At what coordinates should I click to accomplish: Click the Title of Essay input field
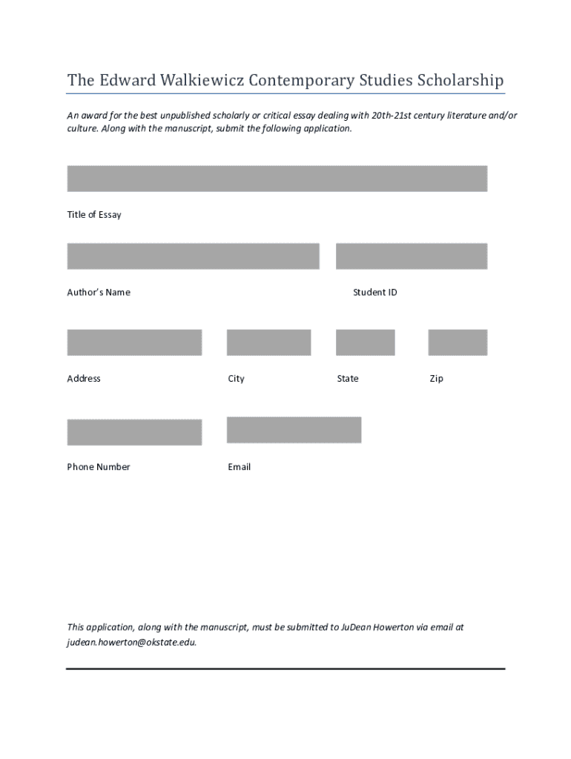[x=277, y=179]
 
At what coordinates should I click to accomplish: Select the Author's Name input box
[x=193, y=256]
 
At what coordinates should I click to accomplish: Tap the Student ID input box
[x=411, y=256]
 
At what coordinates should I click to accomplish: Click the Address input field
[x=134, y=342]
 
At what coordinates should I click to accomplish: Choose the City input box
[x=268, y=342]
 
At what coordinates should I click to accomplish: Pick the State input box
[x=365, y=342]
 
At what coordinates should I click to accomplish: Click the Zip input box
[x=458, y=342]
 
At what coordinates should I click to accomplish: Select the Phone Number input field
[x=134, y=432]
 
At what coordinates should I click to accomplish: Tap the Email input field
[x=294, y=430]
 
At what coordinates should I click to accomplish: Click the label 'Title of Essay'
[x=94, y=215]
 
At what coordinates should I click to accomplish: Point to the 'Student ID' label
[x=374, y=293]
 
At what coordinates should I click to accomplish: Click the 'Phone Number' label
[x=99, y=467]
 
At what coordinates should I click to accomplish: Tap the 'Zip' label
[x=436, y=379]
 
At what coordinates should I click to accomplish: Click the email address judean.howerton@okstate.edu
[x=131, y=643]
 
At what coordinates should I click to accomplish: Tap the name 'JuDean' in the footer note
[x=356, y=627]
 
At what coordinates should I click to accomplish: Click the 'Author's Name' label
[x=99, y=293]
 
